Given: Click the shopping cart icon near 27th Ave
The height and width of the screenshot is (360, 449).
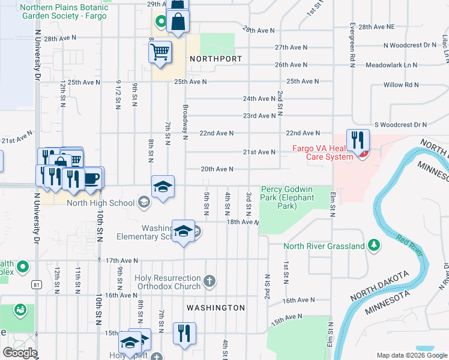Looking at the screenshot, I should tap(160, 52).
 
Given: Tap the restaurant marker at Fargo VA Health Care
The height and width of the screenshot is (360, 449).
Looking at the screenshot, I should tap(358, 140).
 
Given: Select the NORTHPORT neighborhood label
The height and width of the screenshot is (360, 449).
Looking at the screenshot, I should tap(215, 59).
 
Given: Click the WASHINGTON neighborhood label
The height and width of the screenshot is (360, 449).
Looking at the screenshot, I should tap(215, 308).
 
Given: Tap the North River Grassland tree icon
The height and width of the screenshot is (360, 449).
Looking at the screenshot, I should tap(374, 245).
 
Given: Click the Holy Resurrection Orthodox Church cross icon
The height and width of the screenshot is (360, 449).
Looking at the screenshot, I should tap(209, 280).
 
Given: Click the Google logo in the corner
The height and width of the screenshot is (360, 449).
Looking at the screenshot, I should tap(20, 353).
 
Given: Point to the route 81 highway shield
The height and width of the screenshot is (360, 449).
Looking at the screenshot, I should tap(38, 285).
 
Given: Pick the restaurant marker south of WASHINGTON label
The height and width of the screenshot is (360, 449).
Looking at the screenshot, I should tap(184, 333).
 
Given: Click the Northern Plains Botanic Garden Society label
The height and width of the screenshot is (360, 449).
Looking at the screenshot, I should tap(63, 11).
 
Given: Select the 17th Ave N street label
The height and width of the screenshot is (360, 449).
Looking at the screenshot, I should tap(122, 260).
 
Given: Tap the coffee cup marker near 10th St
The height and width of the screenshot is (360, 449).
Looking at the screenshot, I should tap(92, 178).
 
